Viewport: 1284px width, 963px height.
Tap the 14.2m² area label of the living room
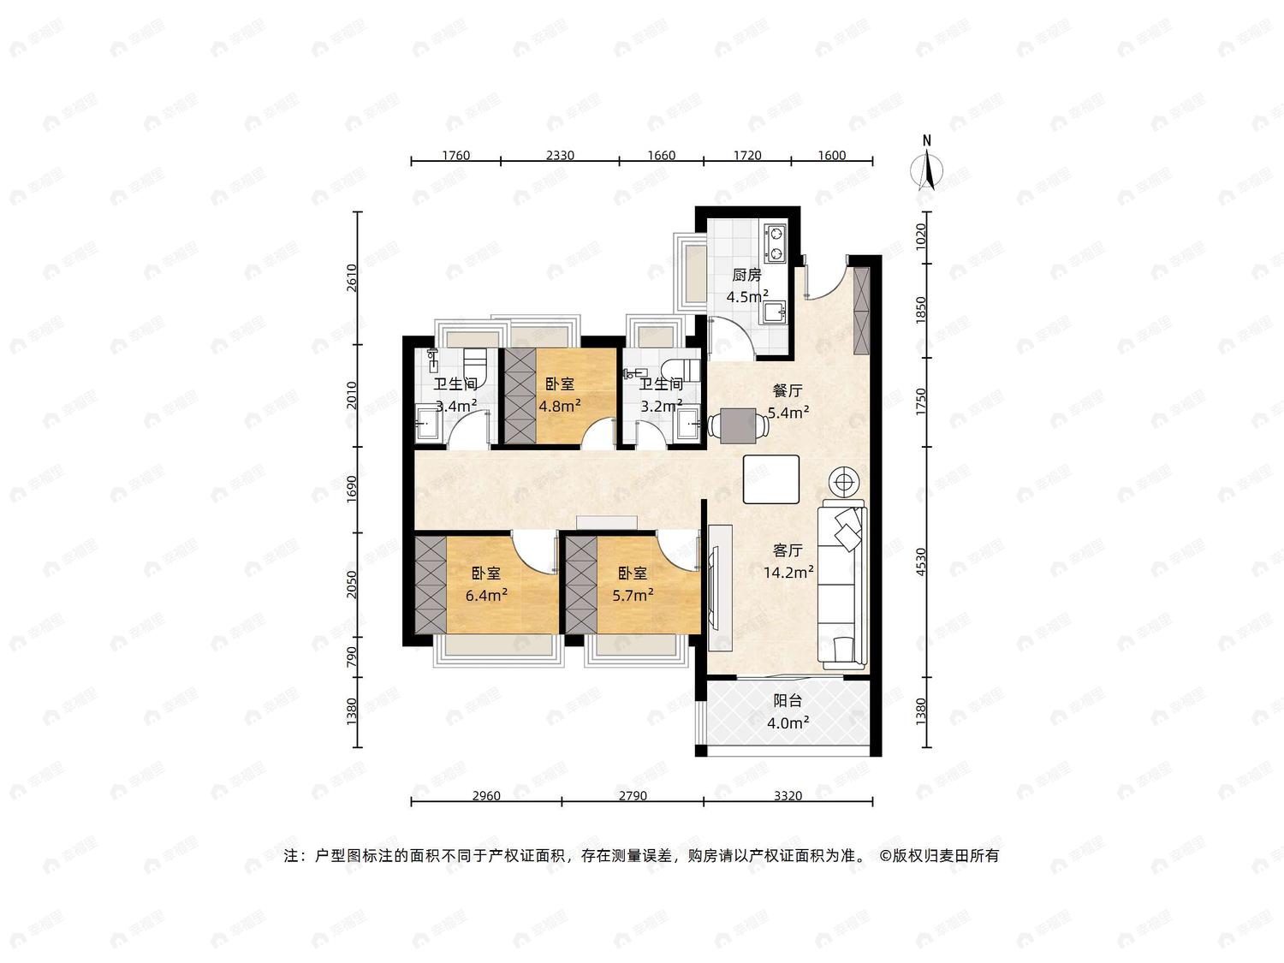tap(788, 573)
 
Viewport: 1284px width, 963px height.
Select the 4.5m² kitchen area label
tap(747, 296)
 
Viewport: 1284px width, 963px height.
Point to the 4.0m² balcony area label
tap(788, 723)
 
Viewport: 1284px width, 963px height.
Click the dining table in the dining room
tap(738, 425)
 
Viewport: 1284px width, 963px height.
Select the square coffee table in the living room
tap(771, 479)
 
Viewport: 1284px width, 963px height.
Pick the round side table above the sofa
tap(843, 482)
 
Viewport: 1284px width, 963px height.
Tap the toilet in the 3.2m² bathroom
tap(681, 369)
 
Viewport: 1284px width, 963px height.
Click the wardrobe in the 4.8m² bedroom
tap(520, 395)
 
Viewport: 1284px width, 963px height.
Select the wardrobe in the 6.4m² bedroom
tap(431, 585)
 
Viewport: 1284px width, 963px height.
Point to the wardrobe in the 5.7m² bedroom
tap(581, 585)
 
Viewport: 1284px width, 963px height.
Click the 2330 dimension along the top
tap(560, 155)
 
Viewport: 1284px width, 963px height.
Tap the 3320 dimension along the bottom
tap(788, 795)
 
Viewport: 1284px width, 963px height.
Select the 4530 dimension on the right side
tap(921, 562)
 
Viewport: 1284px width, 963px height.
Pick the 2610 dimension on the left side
tap(351, 277)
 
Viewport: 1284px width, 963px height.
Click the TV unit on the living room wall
tap(720, 587)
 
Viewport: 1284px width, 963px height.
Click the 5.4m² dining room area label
tap(788, 413)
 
